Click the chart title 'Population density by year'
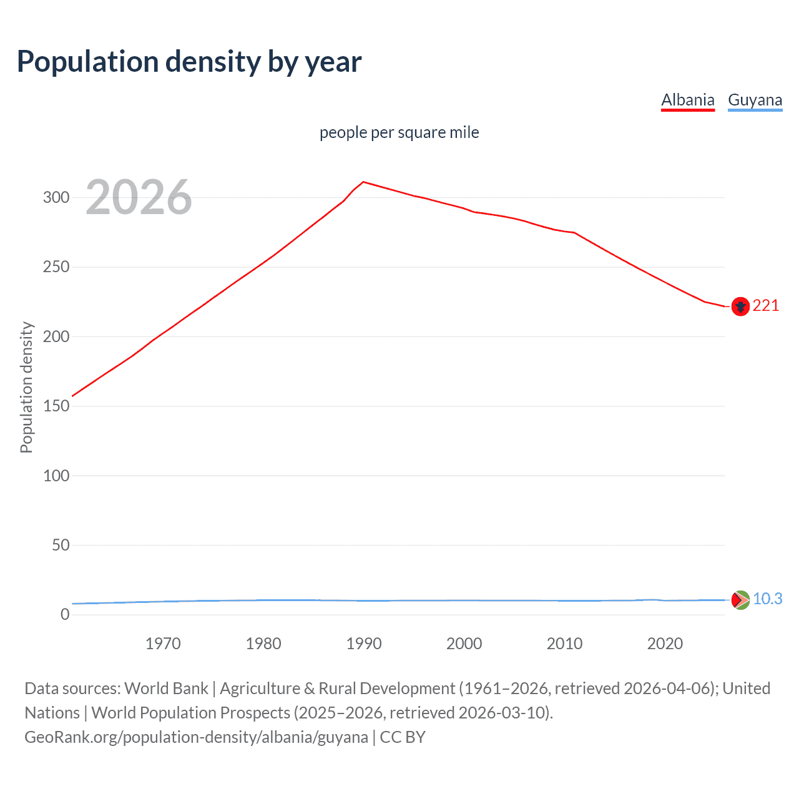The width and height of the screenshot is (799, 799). click(x=189, y=62)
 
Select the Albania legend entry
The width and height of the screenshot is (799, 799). click(x=687, y=100)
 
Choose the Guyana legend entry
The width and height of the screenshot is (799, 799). click(x=755, y=100)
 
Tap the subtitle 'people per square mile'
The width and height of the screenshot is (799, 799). click(x=399, y=132)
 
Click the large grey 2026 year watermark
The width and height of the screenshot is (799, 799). click(x=139, y=197)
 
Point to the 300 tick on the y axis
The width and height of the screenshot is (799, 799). click(x=56, y=197)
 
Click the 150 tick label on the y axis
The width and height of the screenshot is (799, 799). click(x=56, y=406)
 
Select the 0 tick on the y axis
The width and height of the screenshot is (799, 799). click(x=64, y=614)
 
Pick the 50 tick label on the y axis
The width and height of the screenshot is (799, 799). click(x=60, y=545)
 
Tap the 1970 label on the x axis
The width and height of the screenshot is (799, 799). click(x=163, y=644)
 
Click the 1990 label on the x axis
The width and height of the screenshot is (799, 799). click(x=364, y=644)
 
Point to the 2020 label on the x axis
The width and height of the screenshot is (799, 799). click(x=665, y=644)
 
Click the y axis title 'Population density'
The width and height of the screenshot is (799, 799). click(x=26, y=387)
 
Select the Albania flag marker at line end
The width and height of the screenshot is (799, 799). click(x=740, y=306)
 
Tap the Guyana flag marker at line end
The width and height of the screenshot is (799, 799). click(x=740, y=600)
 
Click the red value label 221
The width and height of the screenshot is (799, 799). click(x=765, y=305)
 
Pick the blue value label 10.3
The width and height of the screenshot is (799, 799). click(x=767, y=599)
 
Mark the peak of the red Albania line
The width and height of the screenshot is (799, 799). click(x=364, y=182)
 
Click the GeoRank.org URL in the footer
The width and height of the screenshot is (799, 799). click(x=196, y=737)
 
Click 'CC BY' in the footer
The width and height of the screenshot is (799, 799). click(x=403, y=737)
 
